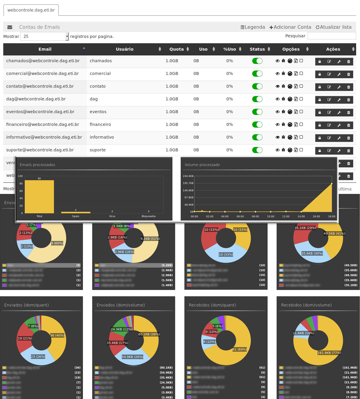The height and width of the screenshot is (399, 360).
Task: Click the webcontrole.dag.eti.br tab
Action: coord(31,10)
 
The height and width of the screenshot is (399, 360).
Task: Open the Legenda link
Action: coord(253,27)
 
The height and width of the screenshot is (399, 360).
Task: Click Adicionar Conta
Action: coord(290,27)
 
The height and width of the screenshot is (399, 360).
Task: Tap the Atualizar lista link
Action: coord(334,27)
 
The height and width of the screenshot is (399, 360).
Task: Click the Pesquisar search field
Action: coord(332,36)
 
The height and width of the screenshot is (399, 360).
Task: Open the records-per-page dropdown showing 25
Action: coord(44,36)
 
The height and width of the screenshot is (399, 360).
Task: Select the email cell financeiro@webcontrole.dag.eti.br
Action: coord(43,124)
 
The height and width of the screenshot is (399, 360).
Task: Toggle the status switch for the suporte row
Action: coord(257,150)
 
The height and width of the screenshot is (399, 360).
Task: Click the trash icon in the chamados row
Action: coord(348,62)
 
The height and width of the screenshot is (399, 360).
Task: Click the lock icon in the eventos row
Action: coord(320,113)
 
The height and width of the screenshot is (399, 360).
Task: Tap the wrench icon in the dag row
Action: coord(339,100)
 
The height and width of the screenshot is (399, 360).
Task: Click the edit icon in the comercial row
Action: coord(329,74)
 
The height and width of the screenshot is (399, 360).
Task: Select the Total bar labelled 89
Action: coord(39,196)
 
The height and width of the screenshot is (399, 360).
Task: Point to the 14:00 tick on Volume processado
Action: coord(301,216)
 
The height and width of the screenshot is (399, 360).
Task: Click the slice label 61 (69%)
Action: coord(239,350)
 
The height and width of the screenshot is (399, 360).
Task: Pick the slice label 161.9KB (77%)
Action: coord(329,353)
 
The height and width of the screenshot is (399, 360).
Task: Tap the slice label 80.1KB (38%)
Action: coord(149,334)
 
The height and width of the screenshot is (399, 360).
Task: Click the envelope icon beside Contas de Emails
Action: coord(10,27)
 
